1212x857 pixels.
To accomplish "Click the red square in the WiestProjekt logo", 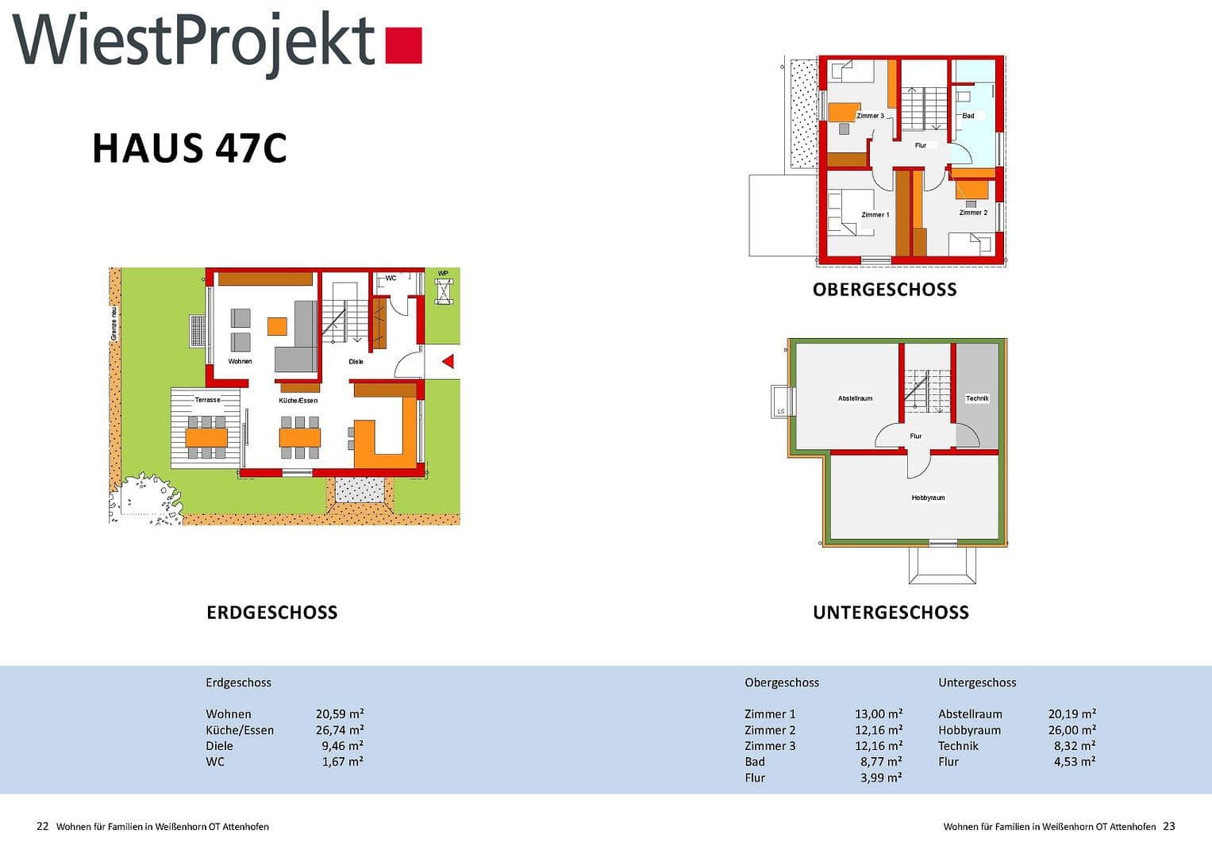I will (403, 45).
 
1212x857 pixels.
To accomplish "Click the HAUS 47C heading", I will (189, 148).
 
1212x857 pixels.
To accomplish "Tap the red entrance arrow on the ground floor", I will (448, 362).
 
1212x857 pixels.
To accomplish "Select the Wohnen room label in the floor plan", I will (240, 362).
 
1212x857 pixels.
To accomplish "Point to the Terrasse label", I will (207, 400).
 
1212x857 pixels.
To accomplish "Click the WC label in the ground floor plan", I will (391, 279).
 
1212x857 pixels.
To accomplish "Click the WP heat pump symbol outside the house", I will (443, 290).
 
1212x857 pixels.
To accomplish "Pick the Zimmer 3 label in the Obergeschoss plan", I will (870, 116).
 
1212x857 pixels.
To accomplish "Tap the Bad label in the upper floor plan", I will (968, 116).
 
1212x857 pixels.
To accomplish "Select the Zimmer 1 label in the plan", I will (875, 215).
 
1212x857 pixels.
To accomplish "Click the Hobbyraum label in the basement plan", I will (928, 498).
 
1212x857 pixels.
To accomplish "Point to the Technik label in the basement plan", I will (977, 398).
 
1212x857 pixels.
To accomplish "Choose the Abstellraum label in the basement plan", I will (855, 398).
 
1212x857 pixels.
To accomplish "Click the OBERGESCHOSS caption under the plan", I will (884, 290).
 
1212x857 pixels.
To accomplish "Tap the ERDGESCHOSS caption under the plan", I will (271, 613).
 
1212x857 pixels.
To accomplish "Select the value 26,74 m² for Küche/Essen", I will (340, 730).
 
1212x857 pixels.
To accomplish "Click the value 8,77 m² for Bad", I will (881, 762).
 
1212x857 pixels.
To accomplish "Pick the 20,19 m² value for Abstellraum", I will (1072, 714).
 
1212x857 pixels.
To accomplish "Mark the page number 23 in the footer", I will (1168, 826).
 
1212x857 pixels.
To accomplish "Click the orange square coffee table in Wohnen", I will (277, 326).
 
